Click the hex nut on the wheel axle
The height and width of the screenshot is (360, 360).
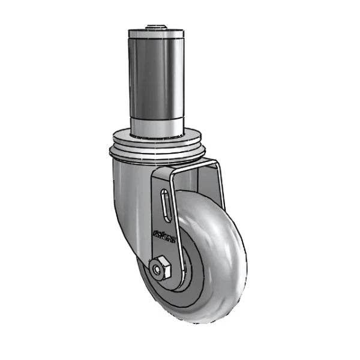coord(160,268)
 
